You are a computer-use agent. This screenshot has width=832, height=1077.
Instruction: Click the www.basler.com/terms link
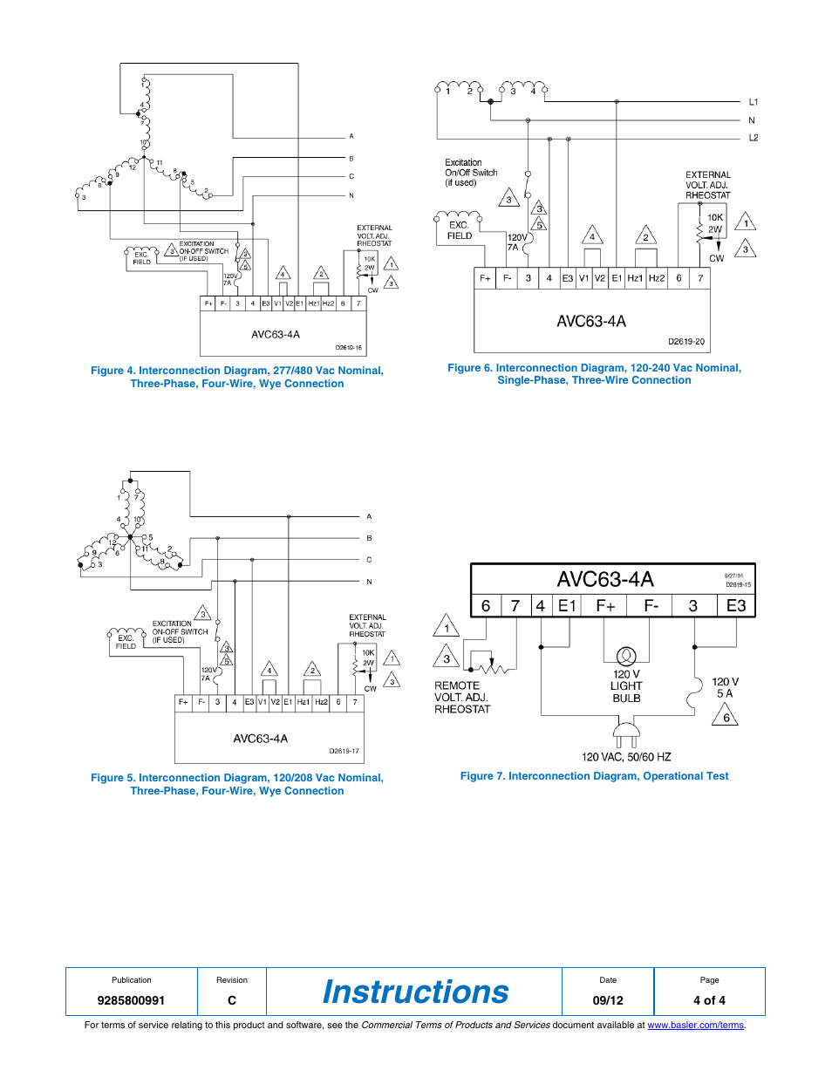pyautogui.click(x=695, y=1026)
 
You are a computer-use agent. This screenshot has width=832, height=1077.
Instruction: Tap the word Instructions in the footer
pyautogui.click(x=415, y=992)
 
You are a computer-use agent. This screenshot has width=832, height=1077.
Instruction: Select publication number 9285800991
pyautogui.click(x=131, y=1000)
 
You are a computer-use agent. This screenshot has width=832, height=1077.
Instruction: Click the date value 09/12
pyautogui.click(x=608, y=1000)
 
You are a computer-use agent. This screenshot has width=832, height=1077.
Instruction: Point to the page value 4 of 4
pyautogui.click(x=709, y=1000)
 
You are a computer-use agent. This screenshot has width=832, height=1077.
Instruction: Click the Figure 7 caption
pyautogui.click(x=594, y=776)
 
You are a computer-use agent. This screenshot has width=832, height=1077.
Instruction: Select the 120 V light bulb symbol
pyautogui.click(x=626, y=656)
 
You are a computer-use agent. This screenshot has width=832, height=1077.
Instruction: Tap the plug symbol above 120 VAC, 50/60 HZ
pyautogui.click(x=626, y=734)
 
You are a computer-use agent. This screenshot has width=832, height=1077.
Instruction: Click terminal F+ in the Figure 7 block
pyautogui.click(x=605, y=606)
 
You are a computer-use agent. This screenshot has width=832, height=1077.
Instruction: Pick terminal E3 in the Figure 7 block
pyautogui.click(x=736, y=606)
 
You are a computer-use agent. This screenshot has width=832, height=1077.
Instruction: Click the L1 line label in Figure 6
pyautogui.click(x=754, y=102)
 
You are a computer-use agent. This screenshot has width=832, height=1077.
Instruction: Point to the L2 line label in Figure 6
pyautogui.click(x=754, y=138)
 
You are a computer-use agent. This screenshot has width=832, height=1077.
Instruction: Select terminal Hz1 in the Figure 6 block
pyautogui.click(x=635, y=278)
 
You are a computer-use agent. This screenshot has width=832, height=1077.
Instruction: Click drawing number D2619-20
pyautogui.click(x=686, y=342)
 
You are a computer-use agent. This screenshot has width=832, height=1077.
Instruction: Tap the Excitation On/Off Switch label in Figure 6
pyautogui.click(x=471, y=173)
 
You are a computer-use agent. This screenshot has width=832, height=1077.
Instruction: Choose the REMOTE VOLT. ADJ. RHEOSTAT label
pyautogui.click(x=462, y=698)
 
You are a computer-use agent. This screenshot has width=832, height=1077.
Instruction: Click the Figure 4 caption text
pyautogui.click(x=237, y=377)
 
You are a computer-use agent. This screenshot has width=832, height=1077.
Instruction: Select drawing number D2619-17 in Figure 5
pyautogui.click(x=344, y=751)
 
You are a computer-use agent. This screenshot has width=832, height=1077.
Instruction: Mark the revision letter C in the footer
pyautogui.click(x=232, y=1000)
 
